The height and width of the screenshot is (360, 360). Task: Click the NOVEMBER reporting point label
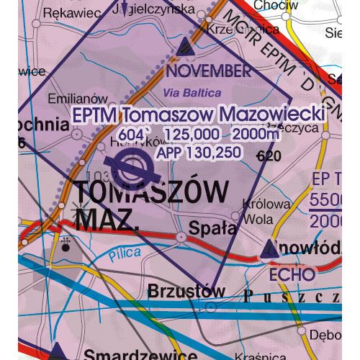pyautogui.click(x=209, y=71)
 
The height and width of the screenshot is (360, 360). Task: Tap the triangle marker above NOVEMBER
pyautogui.click(x=185, y=48)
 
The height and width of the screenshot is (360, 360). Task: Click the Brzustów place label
pyautogui.click(x=182, y=292)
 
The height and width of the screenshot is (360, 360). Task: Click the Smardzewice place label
pyautogui.click(x=140, y=354)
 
